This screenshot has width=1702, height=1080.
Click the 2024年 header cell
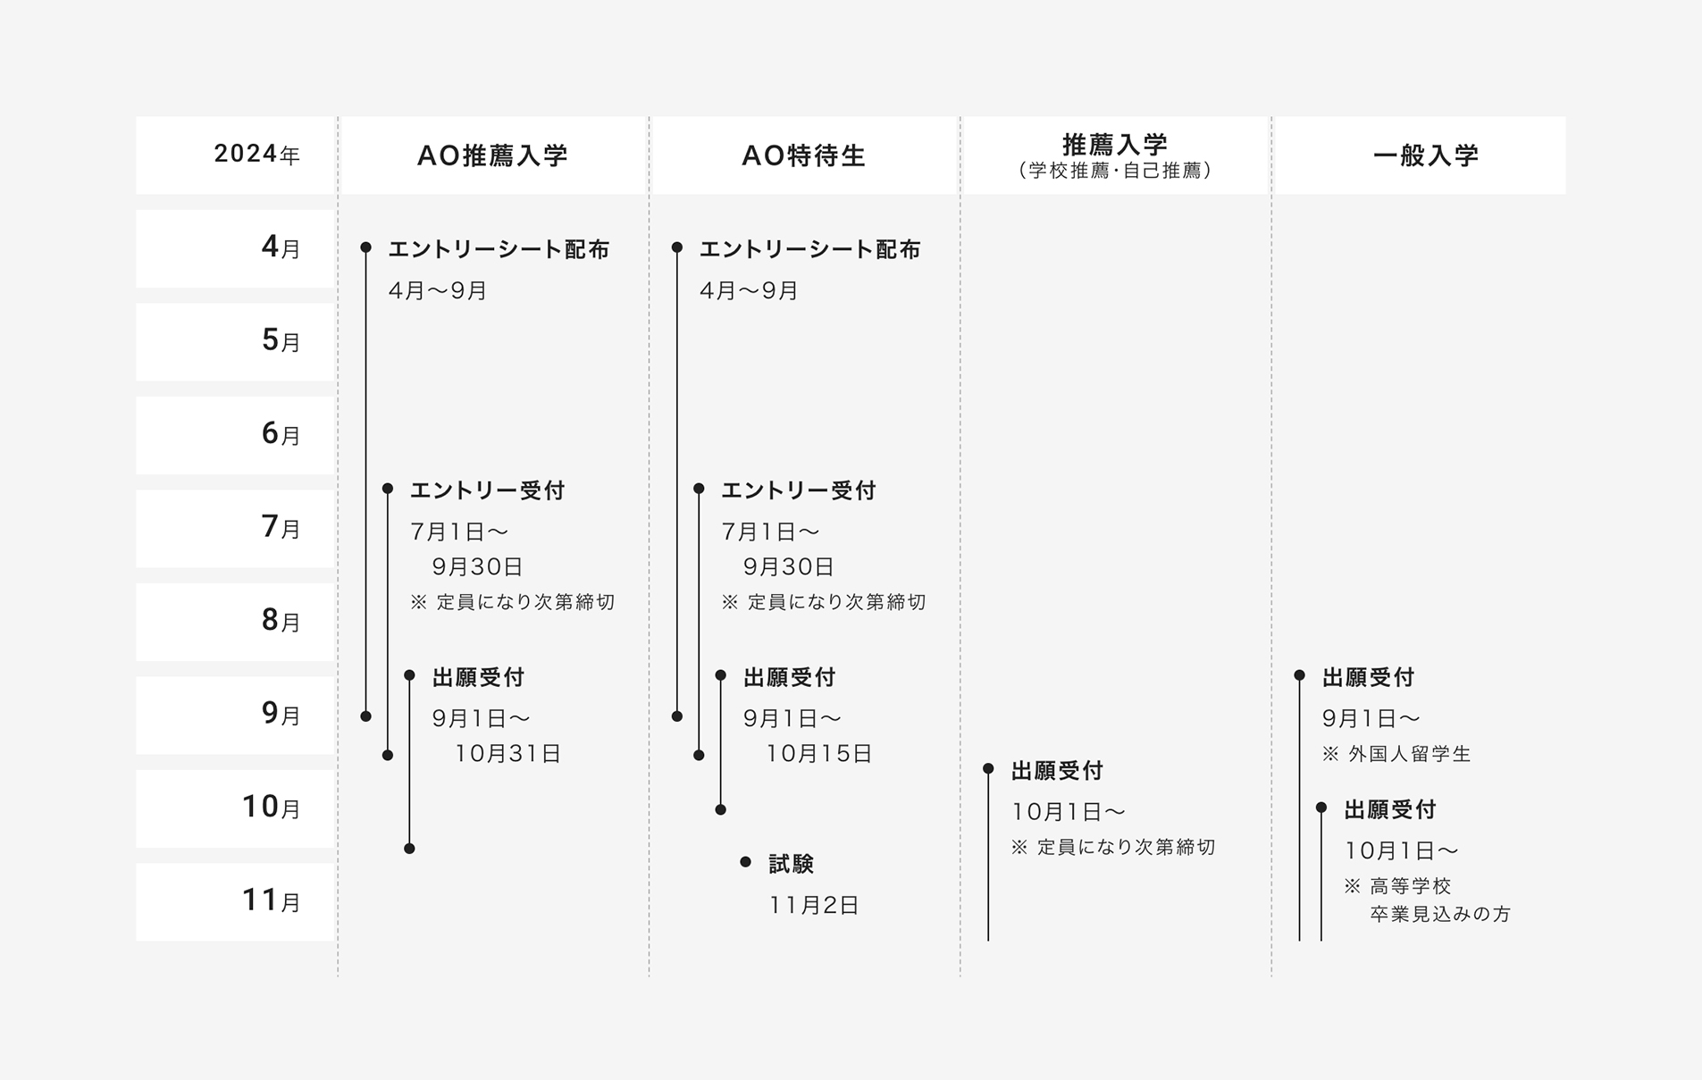pos(235,155)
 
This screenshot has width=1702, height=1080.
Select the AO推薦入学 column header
pos(493,155)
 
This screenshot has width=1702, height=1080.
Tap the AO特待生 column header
pos(804,155)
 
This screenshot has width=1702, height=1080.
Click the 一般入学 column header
pos(1420,155)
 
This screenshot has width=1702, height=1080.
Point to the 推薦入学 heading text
pos(1115,145)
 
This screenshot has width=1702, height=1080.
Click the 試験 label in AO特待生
pos(792,864)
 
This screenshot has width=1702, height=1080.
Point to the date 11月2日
pos(814,905)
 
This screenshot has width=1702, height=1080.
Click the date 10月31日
pos(507,754)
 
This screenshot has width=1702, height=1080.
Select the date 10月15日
pos(818,754)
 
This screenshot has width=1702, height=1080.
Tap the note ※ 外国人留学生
pos(1396,754)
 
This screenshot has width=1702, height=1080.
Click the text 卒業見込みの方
pos(1440,914)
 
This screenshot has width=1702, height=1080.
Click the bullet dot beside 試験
pos(745,862)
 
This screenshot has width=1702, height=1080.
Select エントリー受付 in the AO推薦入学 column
pos(488,490)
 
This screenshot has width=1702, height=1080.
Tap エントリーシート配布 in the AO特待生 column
pos(810,249)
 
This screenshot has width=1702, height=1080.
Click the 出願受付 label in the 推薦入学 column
pos(1058,770)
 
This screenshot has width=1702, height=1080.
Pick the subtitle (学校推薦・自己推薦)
pos(1115,171)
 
